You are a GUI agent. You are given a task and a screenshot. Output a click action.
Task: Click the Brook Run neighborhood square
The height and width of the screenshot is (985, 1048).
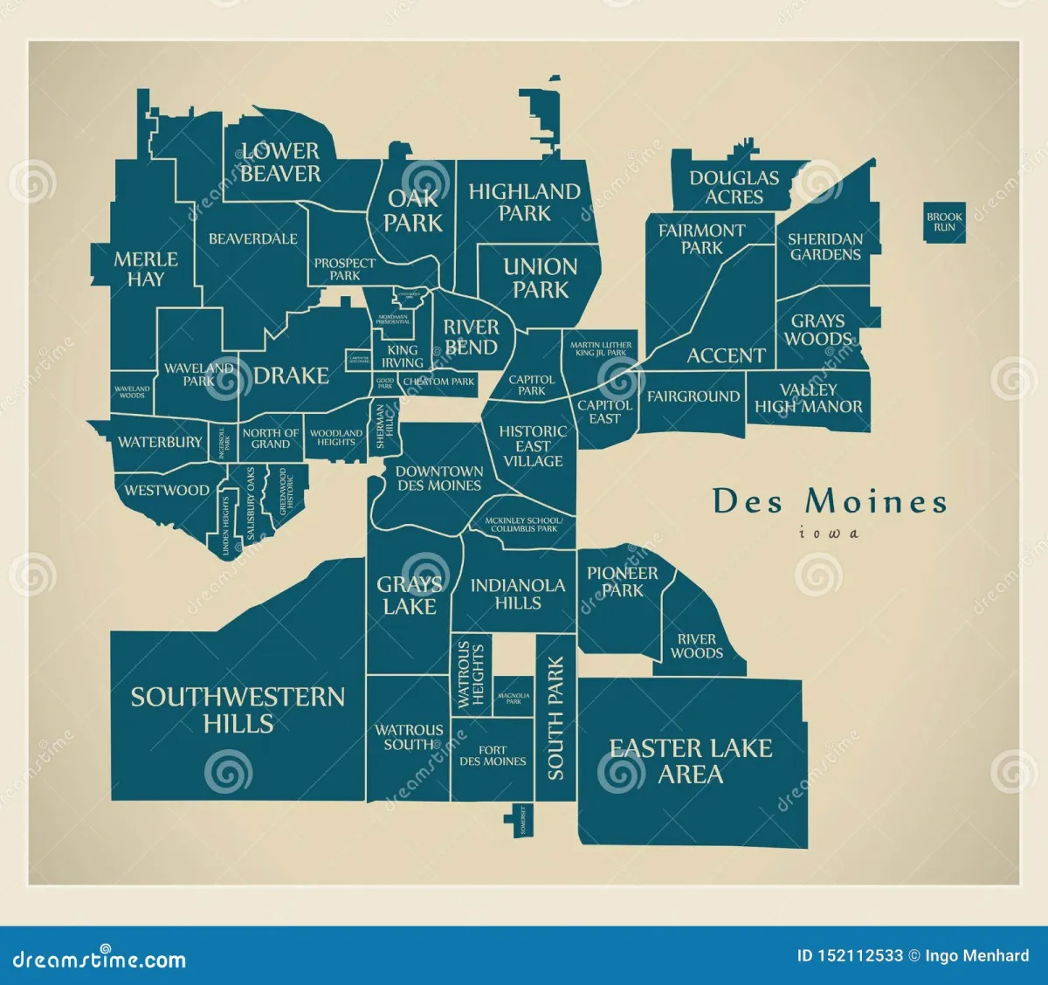tap(944, 222)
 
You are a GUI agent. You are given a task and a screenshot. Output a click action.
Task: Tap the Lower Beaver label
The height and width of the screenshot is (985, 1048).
tap(280, 162)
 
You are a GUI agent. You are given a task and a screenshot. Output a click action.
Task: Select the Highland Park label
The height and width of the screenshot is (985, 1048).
tap(524, 202)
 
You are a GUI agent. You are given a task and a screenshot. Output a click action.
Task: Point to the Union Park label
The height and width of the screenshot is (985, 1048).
tap(540, 278)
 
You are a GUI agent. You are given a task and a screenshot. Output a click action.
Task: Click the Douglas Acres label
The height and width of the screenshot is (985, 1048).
tap(734, 187)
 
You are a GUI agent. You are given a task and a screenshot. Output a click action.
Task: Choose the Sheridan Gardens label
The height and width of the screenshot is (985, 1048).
tap(824, 246)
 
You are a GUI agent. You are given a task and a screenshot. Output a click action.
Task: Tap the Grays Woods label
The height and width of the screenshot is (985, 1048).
tap(817, 330)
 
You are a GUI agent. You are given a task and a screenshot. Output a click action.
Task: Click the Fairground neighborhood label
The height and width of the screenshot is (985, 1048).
tap(693, 396)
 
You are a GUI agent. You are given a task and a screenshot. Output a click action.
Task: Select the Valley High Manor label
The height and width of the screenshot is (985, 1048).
tap(808, 398)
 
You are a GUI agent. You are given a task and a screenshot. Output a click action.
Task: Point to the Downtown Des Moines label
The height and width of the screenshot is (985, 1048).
tap(438, 478)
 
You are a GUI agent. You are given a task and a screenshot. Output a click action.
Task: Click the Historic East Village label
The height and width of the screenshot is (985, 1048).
tap(533, 445)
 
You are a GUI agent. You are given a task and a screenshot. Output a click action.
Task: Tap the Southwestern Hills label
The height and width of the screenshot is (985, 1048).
tap(238, 709)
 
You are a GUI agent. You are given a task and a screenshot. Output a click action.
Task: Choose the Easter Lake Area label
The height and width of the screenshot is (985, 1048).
tap(690, 761)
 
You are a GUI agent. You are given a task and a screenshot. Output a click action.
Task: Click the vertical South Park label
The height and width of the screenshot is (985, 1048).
tap(555, 718)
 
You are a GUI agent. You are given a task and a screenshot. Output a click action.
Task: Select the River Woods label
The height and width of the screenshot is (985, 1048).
tap(696, 645)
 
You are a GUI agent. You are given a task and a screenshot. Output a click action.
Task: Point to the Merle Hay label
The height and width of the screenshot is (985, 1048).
tap(145, 269)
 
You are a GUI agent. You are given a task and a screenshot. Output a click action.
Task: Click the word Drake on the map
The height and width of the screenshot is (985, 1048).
tap(291, 375)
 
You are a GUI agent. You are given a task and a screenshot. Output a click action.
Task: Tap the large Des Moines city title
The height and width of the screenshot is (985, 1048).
tap(829, 501)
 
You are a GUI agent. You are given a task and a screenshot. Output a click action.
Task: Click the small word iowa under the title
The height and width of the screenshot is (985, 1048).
tap(828, 533)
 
